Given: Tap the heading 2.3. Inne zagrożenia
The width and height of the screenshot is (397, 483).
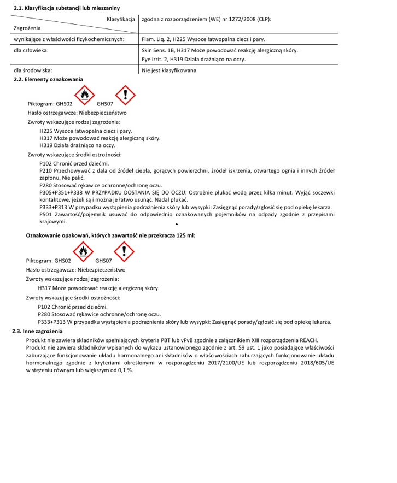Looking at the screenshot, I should coord(38,331).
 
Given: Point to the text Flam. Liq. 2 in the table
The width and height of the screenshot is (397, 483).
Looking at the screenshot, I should coord(155,39).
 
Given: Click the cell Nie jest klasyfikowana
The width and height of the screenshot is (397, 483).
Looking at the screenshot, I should coord(168,70).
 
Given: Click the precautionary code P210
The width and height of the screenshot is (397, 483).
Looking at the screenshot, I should coord(46,171).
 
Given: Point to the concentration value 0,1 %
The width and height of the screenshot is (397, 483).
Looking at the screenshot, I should coord(124,370).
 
